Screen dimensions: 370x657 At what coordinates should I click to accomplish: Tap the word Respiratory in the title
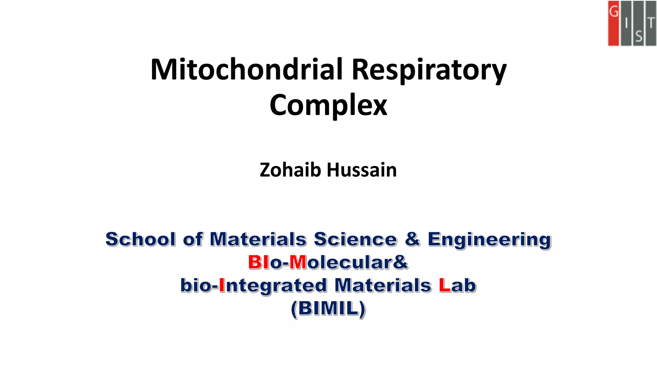click(x=429, y=70)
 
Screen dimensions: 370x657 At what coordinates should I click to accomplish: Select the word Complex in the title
click(x=328, y=105)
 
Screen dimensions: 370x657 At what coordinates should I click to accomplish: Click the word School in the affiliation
click(x=141, y=239)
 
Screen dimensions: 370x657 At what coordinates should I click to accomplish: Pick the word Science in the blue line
click(x=355, y=239)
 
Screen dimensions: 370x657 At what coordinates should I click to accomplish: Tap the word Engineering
click(x=489, y=240)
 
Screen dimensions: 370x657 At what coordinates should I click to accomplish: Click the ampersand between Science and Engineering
click(x=412, y=239)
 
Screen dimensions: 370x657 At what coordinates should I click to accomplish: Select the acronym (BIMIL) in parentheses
click(x=328, y=308)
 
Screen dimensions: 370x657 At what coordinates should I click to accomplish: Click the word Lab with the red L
click(x=457, y=285)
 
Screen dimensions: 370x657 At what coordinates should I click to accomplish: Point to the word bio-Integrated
click(x=253, y=286)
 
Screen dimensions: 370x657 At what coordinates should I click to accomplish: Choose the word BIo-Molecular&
click(x=328, y=262)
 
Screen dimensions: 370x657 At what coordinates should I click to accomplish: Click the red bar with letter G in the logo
click(x=613, y=23)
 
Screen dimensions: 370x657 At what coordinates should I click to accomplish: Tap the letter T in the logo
click(x=651, y=23)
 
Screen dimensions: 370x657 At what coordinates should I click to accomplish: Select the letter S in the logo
click(x=638, y=37)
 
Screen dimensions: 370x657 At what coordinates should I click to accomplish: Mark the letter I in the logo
click(x=626, y=23)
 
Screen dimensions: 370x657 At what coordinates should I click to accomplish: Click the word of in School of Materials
click(x=193, y=239)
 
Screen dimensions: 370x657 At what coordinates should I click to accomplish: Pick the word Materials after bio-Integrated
click(x=383, y=285)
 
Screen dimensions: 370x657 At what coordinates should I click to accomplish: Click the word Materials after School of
click(x=258, y=239)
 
